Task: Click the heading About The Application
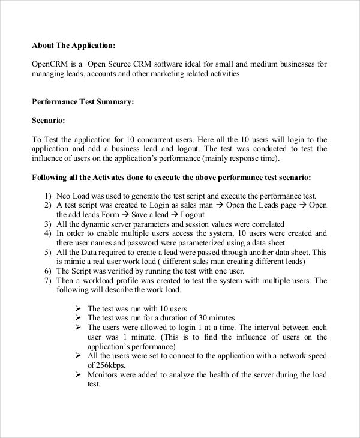tap(73, 44)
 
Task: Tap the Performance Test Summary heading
tap(83, 102)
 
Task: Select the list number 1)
tap(48, 196)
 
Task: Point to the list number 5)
tap(48, 252)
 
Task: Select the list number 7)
tap(48, 280)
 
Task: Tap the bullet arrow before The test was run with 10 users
tap(78, 308)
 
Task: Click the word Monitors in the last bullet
tap(104, 374)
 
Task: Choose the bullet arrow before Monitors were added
tap(78, 374)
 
